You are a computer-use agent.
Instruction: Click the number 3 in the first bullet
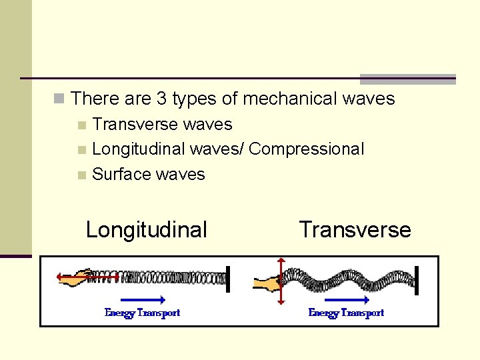coord(161,99)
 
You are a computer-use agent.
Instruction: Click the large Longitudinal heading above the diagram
coord(147,230)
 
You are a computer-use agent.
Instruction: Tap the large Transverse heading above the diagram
coord(355,230)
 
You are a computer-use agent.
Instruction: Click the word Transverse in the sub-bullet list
coord(131,125)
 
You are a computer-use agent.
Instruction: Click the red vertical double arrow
coord(281,281)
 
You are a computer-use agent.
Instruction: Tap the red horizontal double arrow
coord(87,276)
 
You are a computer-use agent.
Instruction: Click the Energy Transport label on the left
coord(143,313)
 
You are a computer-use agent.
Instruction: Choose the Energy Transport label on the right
coord(346,313)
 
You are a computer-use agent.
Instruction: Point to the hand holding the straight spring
coord(75,276)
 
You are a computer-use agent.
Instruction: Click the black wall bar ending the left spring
coord(228,278)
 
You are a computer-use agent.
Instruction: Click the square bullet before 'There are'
coord(59,99)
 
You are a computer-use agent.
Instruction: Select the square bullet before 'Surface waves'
coord(81,175)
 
